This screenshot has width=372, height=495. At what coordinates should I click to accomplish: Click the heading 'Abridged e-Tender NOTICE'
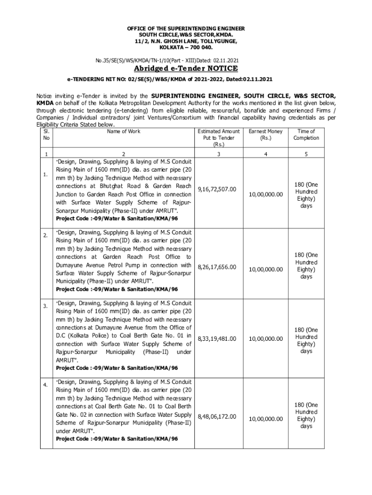point(186,68)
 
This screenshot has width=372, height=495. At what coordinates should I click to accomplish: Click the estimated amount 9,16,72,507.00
point(217,189)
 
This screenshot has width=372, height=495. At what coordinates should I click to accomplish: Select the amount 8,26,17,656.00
point(217,267)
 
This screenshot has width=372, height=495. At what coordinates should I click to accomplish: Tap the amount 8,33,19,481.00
point(217,339)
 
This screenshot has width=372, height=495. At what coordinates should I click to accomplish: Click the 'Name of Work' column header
point(124,131)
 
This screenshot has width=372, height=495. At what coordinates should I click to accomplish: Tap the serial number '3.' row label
point(45,306)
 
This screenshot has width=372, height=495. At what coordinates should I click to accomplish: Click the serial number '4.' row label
point(45,385)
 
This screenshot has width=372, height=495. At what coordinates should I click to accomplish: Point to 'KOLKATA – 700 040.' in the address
point(186,48)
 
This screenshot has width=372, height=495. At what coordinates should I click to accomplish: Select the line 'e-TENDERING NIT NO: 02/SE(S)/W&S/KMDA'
point(172,78)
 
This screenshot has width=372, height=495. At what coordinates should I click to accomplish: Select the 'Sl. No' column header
point(45,134)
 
